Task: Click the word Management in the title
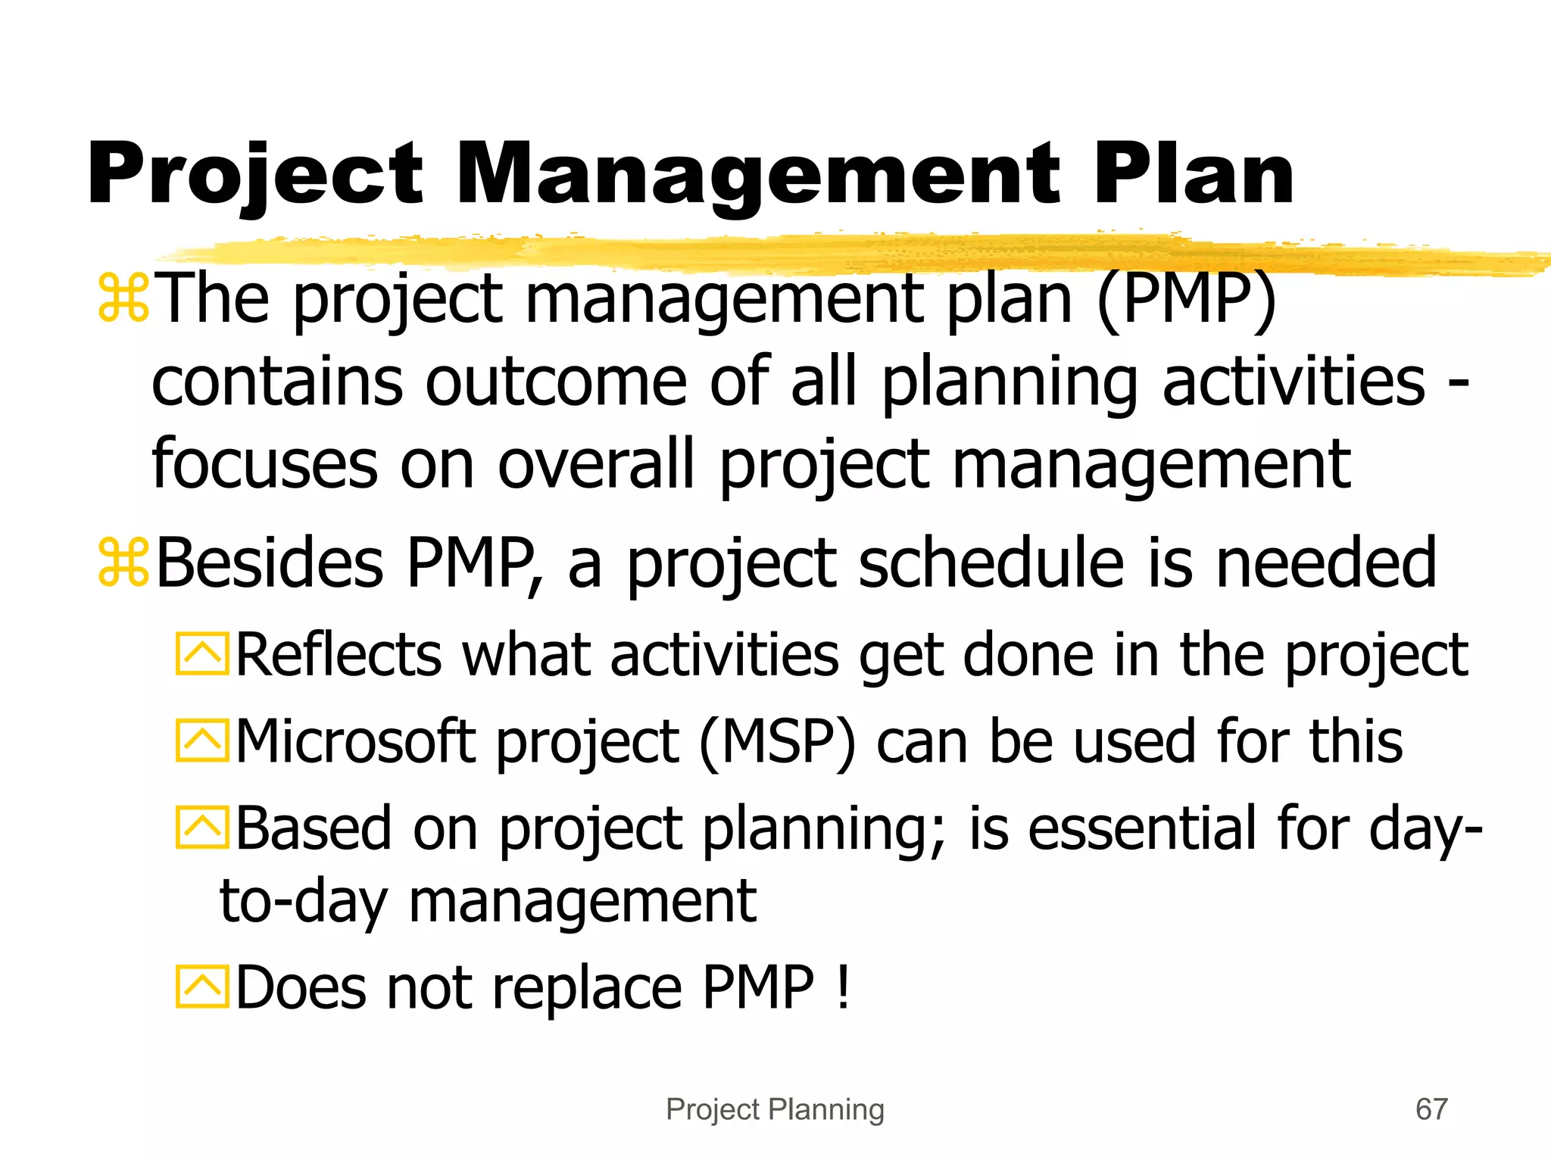click(x=757, y=176)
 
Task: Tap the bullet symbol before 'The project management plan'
click(x=123, y=299)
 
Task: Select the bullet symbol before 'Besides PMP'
click(x=123, y=563)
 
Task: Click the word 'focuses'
click(x=264, y=463)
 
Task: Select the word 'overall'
click(x=595, y=463)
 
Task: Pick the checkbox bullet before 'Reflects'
click(x=201, y=654)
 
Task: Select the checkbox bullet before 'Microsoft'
click(x=201, y=741)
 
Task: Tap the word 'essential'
click(x=1141, y=828)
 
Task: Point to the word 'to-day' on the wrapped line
click(x=304, y=903)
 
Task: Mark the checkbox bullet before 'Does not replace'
click(x=201, y=987)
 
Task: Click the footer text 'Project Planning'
click(x=775, y=1109)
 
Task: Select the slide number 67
click(x=1431, y=1109)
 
